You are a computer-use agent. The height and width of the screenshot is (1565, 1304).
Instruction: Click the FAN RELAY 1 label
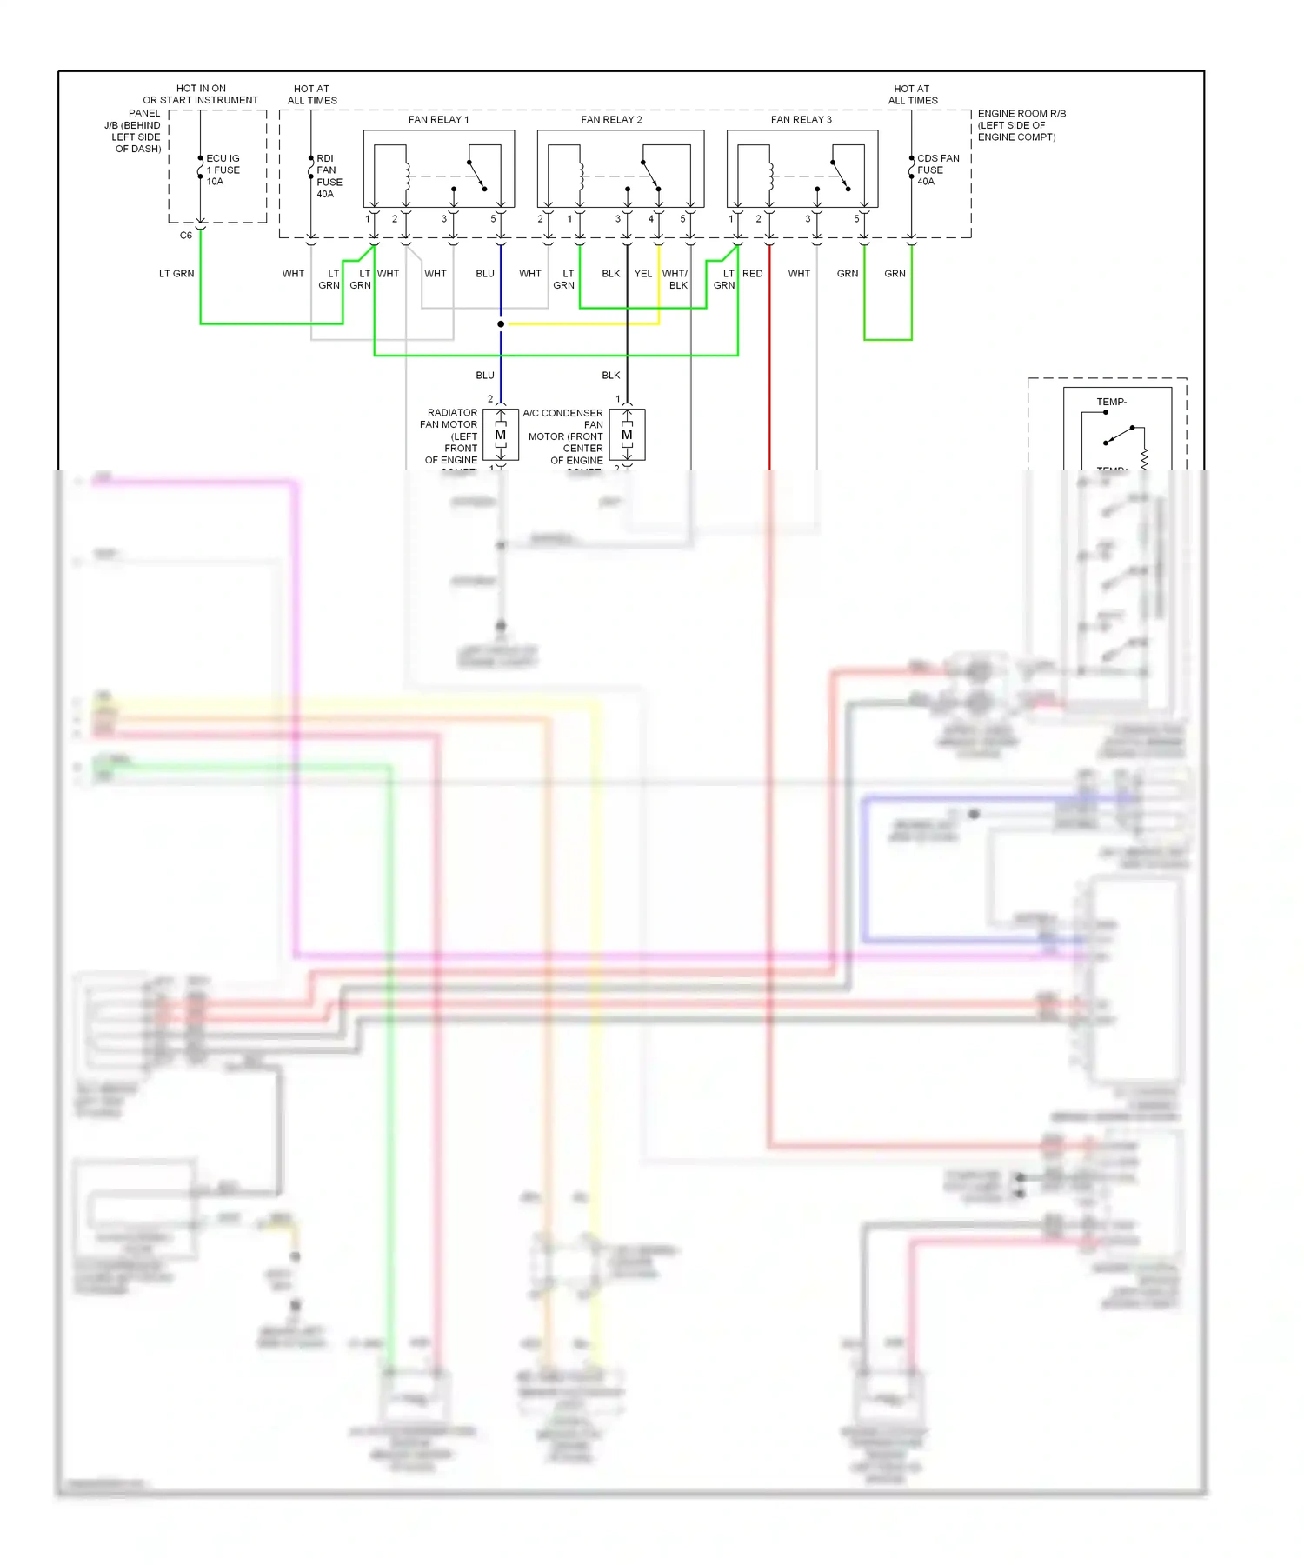pyautogui.click(x=438, y=120)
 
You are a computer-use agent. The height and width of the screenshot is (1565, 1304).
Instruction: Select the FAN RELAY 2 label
pyautogui.click(x=611, y=120)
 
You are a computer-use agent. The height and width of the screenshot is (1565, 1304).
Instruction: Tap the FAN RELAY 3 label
pyautogui.click(x=801, y=120)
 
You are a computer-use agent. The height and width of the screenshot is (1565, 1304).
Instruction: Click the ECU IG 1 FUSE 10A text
pyautogui.click(x=223, y=170)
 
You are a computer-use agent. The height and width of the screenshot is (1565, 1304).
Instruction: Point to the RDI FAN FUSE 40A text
pyautogui.click(x=329, y=176)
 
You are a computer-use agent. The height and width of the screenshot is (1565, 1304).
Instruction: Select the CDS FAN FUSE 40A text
pyautogui.click(x=937, y=170)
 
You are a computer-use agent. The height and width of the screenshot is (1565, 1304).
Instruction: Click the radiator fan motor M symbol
pyautogui.click(x=501, y=435)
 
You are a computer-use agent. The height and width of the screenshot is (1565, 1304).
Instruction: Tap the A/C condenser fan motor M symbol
pyautogui.click(x=627, y=435)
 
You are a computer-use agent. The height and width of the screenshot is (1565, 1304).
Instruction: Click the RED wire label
pyautogui.click(x=753, y=274)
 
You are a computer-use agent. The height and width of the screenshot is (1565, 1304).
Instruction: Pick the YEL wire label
pyautogui.click(x=642, y=274)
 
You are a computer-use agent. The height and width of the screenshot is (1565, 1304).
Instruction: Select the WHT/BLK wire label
pyautogui.click(x=675, y=279)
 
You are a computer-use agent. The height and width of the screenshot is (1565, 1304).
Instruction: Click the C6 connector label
pyautogui.click(x=185, y=236)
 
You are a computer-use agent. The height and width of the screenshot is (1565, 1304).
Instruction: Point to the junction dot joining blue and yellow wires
pyautogui.click(x=501, y=324)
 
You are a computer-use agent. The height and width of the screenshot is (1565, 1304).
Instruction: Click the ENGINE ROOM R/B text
pyautogui.click(x=1021, y=114)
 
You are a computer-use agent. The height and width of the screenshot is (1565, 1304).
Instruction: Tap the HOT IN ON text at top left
pyautogui.click(x=201, y=89)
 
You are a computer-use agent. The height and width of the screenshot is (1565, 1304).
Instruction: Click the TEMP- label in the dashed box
pyautogui.click(x=1111, y=402)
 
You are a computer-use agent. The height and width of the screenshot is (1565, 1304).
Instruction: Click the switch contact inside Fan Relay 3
pyautogui.click(x=841, y=175)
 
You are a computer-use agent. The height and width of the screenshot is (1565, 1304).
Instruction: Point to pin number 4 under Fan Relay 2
pyautogui.click(x=650, y=219)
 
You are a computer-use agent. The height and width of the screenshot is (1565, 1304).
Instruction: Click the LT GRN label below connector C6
pyautogui.click(x=176, y=274)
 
